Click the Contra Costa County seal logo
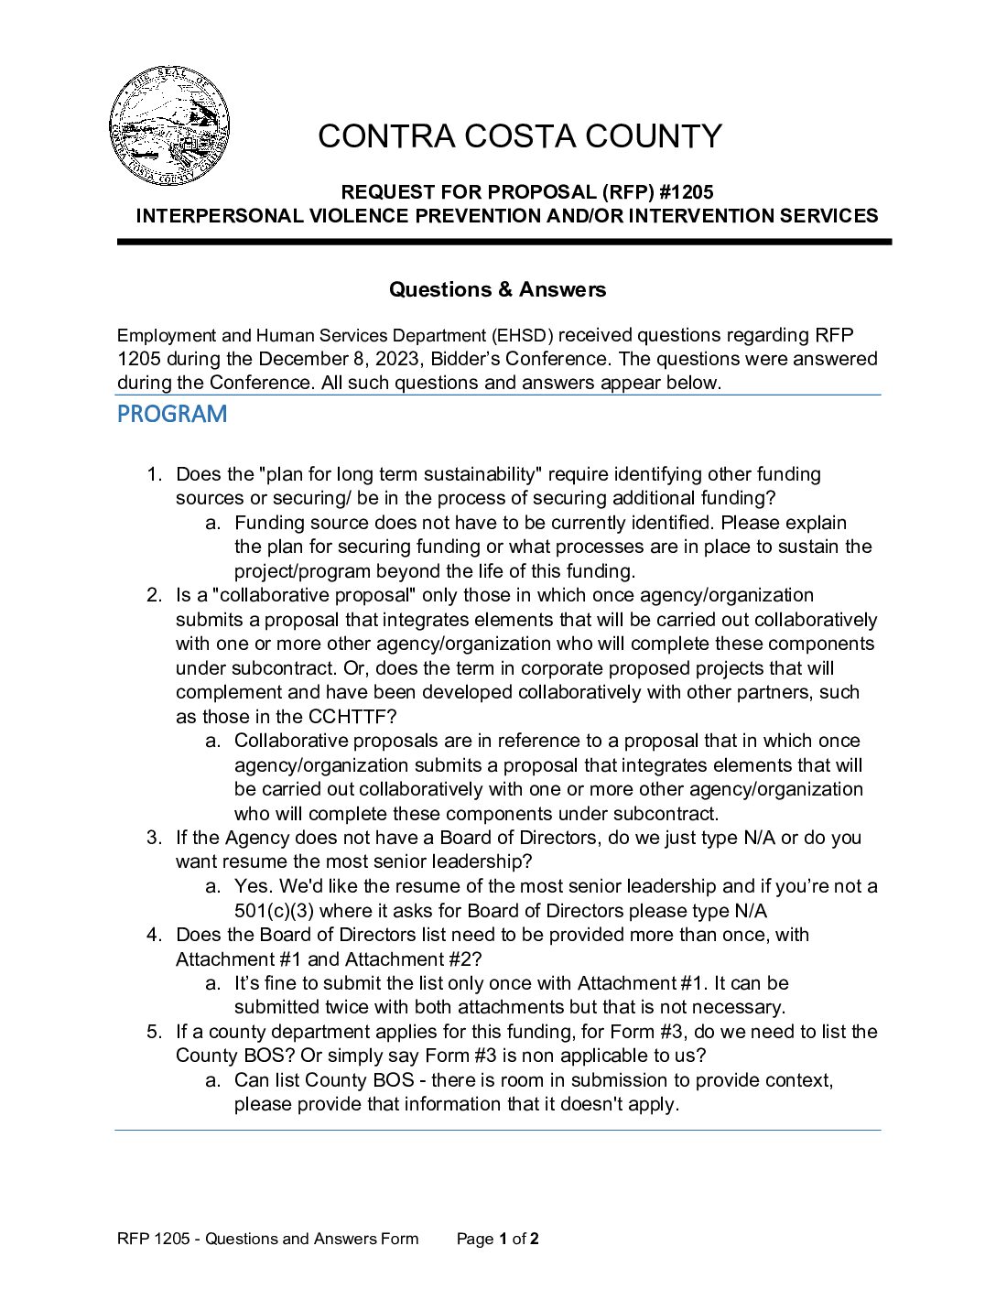pyautogui.click(x=169, y=126)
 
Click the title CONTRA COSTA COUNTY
pyautogui.click(x=519, y=136)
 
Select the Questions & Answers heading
pyautogui.click(x=497, y=289)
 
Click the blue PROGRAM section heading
pyautogui.click(x=172, y=415)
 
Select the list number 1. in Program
pyautogui.click(x=155, y=474)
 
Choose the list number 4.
pyautogui.click(x=155, y=935)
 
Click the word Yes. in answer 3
pyautogui.click(x=254, y=886)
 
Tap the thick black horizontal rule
pyautogui.click(x=503, y=242)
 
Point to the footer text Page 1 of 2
pyautogui.click(x=497, y=1239)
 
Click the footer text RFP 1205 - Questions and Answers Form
pyautogui.click(x=267, y=1239)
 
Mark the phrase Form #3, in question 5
pyautogui.click(x=641, y=1032)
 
